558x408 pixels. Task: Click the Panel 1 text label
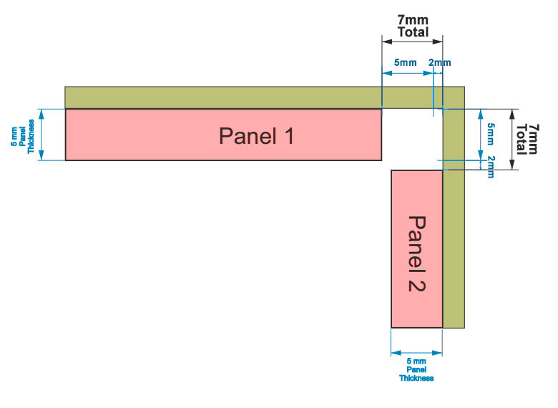point(256,135)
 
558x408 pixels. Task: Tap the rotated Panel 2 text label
point(416,253)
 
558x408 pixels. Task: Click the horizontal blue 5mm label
point(406,63)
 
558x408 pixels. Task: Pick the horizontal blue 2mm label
point(439,63)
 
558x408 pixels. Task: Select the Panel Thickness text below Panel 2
point(416,369)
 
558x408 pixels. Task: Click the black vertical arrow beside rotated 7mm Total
point(514,139)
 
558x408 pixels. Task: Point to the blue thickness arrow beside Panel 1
point(41,135)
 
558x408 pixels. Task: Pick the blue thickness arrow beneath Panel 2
point(416,351)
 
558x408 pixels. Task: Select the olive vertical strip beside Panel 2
point(454,243)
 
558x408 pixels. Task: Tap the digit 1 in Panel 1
point(288,135)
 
